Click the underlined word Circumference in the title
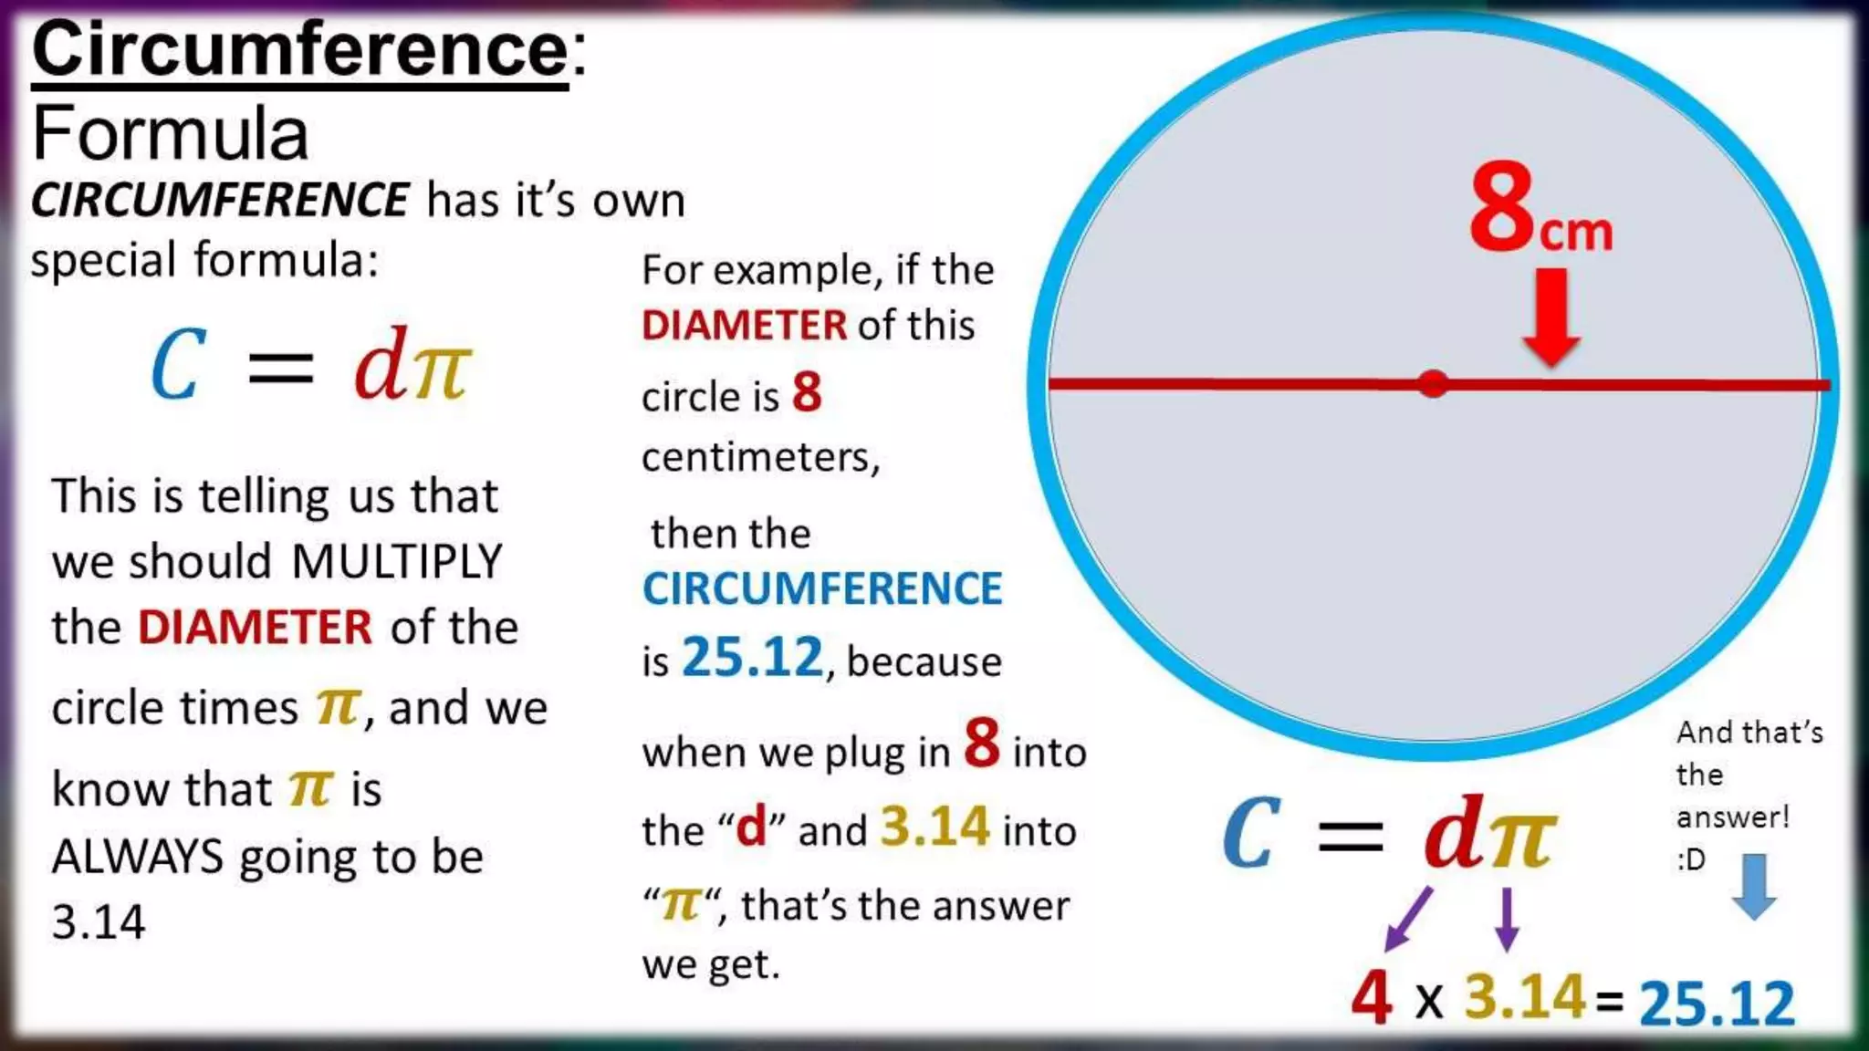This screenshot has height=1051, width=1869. click(x=299, y=51)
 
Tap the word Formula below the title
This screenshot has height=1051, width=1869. click(x=171, y=134)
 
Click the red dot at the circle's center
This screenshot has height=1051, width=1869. click(x=1433, y=384)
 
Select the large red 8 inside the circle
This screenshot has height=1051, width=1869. click(x=1502, y=207)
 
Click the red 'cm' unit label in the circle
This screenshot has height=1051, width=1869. click(x=1576, y=233)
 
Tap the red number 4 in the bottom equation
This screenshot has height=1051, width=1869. click(x=1372, y=997)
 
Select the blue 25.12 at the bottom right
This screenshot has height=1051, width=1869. click(x=1717, y=1004)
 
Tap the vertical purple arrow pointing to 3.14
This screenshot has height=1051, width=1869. click(x=1507, y=919)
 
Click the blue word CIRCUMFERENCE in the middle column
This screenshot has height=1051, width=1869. click(x=822, y=588)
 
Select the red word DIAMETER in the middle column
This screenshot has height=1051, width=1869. click(x=744, y=326)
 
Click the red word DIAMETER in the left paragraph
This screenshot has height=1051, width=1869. click(x=255, y=628)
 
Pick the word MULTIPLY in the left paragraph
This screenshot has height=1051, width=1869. click(x=397, y=561)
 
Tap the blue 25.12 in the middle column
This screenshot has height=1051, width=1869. click(x=752, y=657)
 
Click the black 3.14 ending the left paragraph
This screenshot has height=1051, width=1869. click(x=99, y=922)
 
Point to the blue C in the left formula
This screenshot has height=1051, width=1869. click(x=177, y=366)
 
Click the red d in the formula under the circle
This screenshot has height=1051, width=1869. click(x=1454, y=833)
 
